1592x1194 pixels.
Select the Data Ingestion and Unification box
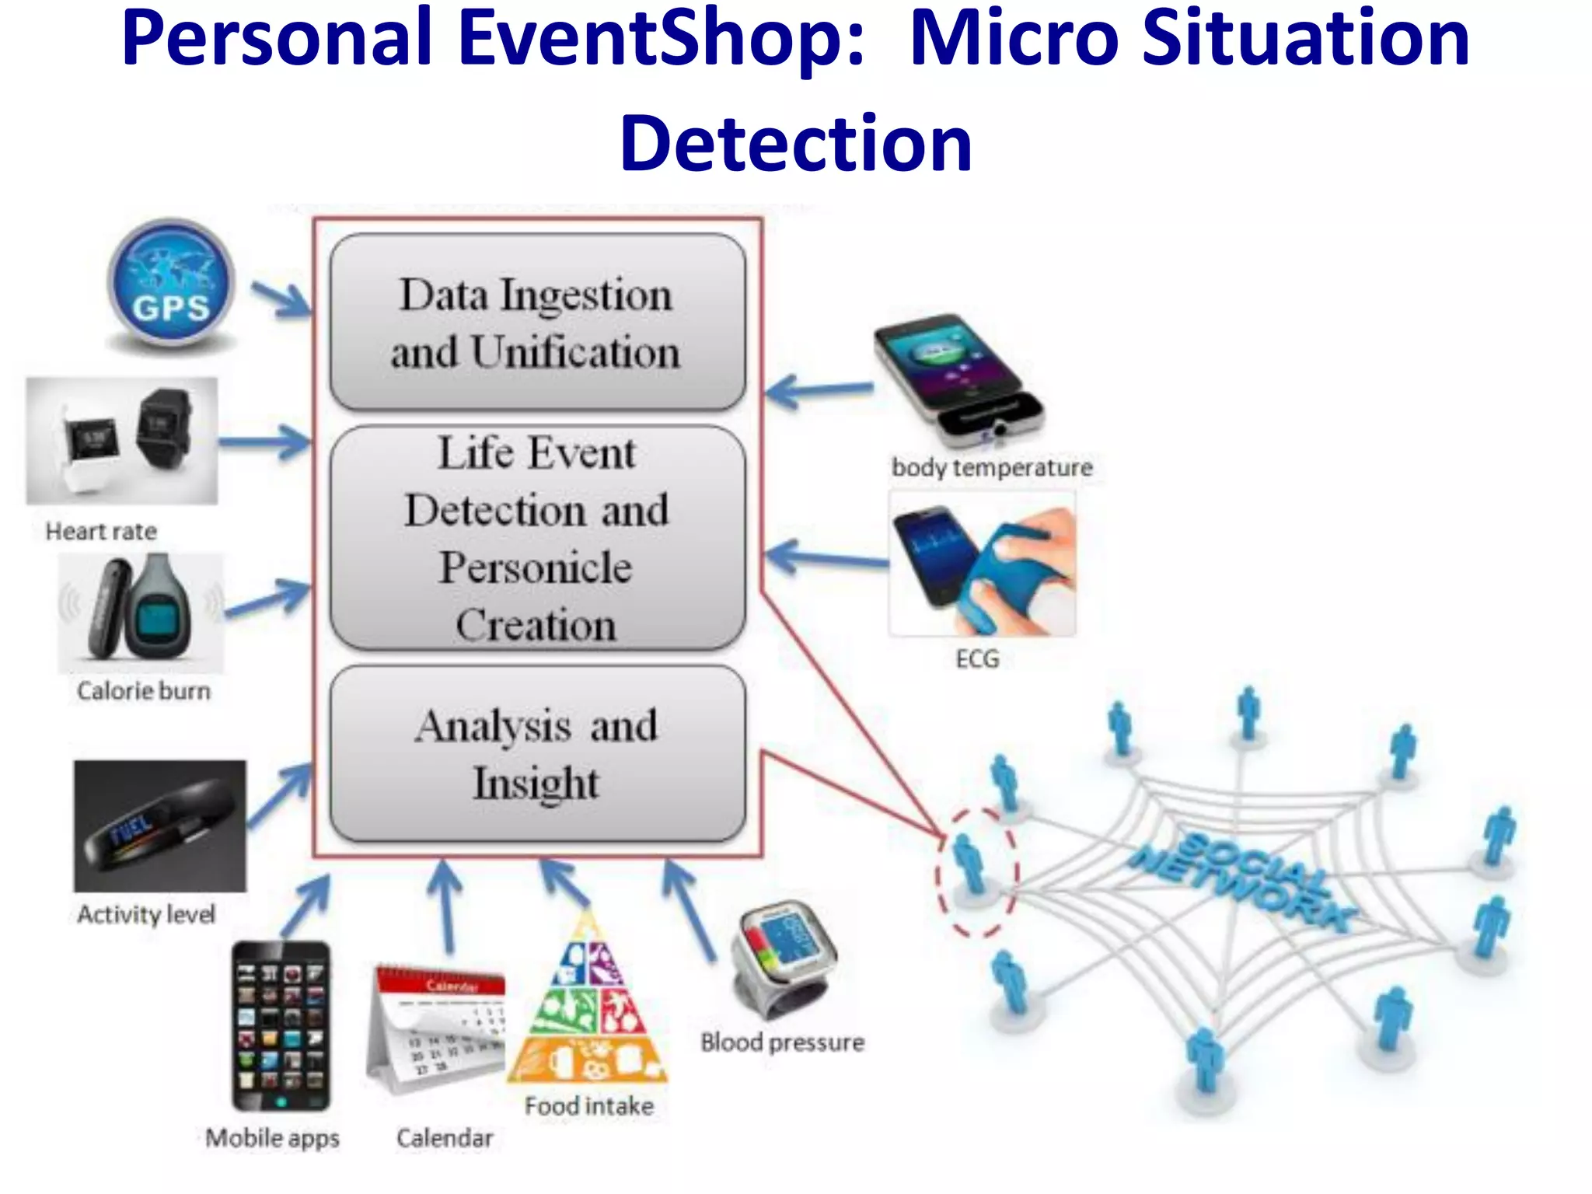click(x=536, y=323)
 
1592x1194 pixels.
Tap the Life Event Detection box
click(x=536, y=538)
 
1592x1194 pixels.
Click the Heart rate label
click(x=101, y=532)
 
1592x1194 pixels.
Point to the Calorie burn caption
click(x=144, y=691)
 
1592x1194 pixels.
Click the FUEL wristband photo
click(x=160, y=826)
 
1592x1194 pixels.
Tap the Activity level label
click(x=146, y=914)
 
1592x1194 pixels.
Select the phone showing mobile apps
click(x=281, y=1026)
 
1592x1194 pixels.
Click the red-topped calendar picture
click(x=438, y=1026)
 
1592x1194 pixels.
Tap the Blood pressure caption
click(x=782, y=1042)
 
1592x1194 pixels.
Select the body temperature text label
click(x=992, y=468)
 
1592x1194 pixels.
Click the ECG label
click(x=977, y=659)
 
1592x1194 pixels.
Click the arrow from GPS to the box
click(x=281, y=300)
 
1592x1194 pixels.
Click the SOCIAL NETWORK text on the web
click(x=1244, y=882)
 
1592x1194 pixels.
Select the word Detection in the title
click(x=795, y=144)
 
